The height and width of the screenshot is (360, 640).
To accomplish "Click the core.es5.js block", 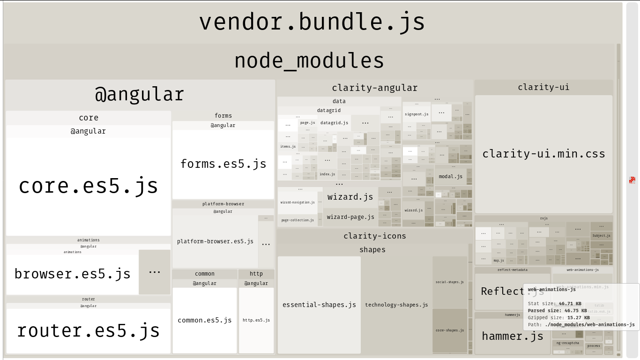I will pos(88,186).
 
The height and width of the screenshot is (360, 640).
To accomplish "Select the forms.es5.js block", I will pos(223,164).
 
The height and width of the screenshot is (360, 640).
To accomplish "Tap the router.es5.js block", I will pos(88,330).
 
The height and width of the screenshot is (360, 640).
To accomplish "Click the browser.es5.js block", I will pos(72,274).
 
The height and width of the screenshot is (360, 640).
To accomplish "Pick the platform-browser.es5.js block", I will pos(215,241).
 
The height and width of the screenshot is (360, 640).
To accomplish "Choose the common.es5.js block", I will pos(205,320).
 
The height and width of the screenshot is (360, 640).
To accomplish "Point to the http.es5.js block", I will pos(256,320).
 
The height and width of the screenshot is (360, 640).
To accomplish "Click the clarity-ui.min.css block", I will pos(543,154).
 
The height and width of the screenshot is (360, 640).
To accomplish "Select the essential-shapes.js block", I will pos(319,305).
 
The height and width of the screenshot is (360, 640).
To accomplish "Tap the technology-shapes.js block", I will pos(396,305).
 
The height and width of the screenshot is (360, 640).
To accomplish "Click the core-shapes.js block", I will pos(450,330).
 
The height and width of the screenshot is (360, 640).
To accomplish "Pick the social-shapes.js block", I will pos(450,282).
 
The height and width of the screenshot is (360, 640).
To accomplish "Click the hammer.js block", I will pos(513,336).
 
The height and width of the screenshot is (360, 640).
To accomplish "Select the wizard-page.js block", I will pos(350,217).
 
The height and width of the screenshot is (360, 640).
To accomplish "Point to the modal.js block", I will pos(450,177).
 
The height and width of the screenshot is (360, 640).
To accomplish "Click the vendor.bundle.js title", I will pos(312,22).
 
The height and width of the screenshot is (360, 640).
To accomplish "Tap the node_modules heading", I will pos(309,61).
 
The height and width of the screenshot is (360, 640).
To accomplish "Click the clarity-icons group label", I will pos(375,236).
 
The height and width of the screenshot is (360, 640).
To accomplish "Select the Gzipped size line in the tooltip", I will pos(558,318).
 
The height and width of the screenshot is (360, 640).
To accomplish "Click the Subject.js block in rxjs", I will pos(601,236).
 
